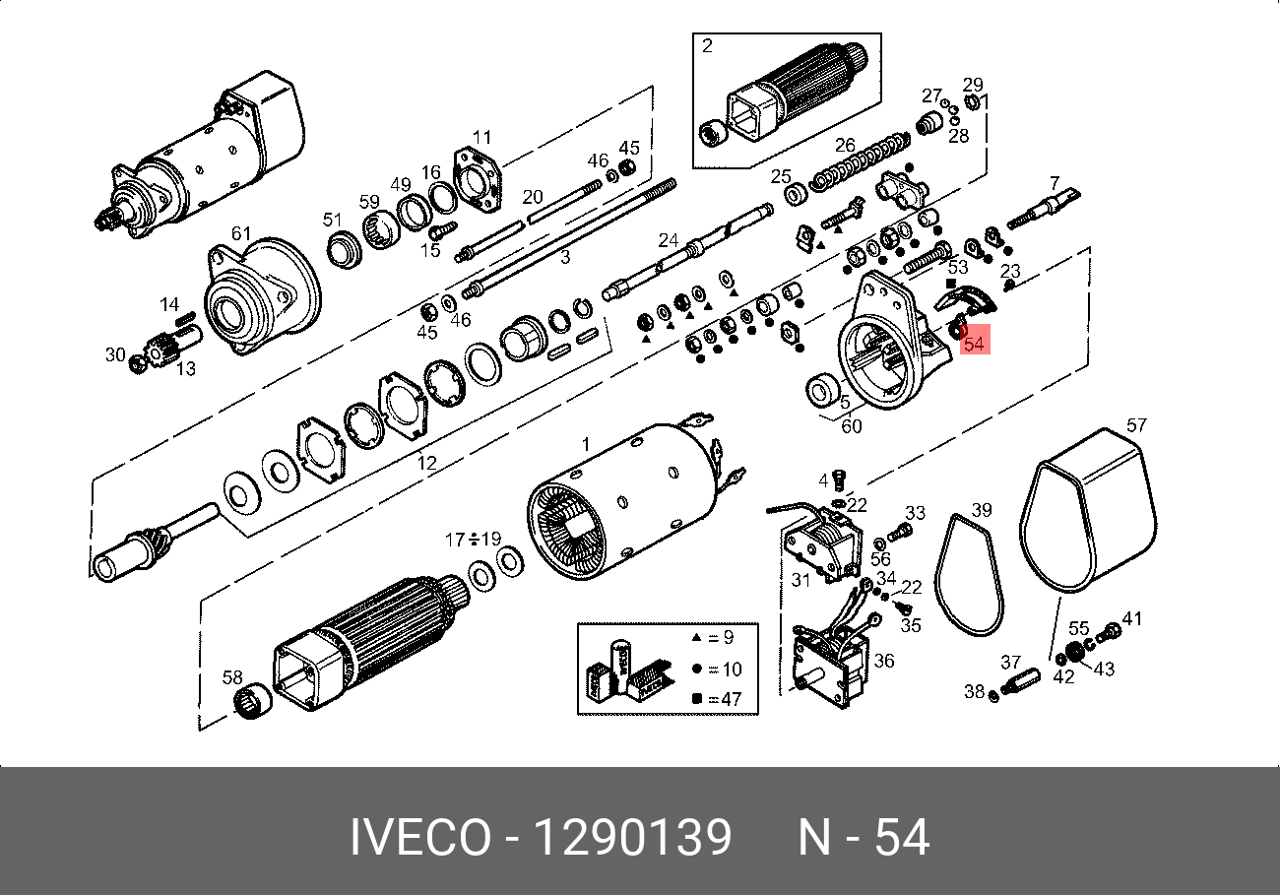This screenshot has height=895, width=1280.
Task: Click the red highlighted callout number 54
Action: [974, 344]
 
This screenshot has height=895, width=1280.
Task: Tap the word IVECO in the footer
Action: [420, 838]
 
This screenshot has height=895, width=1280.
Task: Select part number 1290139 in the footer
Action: [634, 838]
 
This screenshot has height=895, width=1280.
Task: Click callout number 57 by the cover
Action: [1136, 425]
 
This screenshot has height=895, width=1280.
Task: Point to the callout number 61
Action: [241, 233]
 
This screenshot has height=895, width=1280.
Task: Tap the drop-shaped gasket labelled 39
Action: [970, 574]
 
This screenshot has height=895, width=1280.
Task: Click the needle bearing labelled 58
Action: [253, 701]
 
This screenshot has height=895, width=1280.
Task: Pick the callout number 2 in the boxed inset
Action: [707, 45]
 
